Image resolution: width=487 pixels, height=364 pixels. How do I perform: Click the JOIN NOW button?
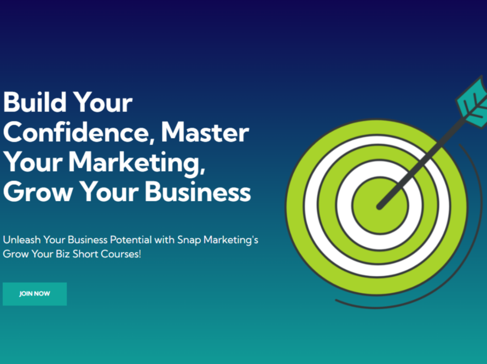click(x=34, y=294)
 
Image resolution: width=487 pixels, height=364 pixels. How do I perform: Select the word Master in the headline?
click(x=205, y=133)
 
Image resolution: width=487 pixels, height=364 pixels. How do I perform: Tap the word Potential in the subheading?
click(x=126, y=240)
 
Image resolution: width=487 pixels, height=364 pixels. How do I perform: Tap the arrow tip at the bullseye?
click(x=379, y=207)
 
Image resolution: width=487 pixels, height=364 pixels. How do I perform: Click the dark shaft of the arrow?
click(x=421, y=159)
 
